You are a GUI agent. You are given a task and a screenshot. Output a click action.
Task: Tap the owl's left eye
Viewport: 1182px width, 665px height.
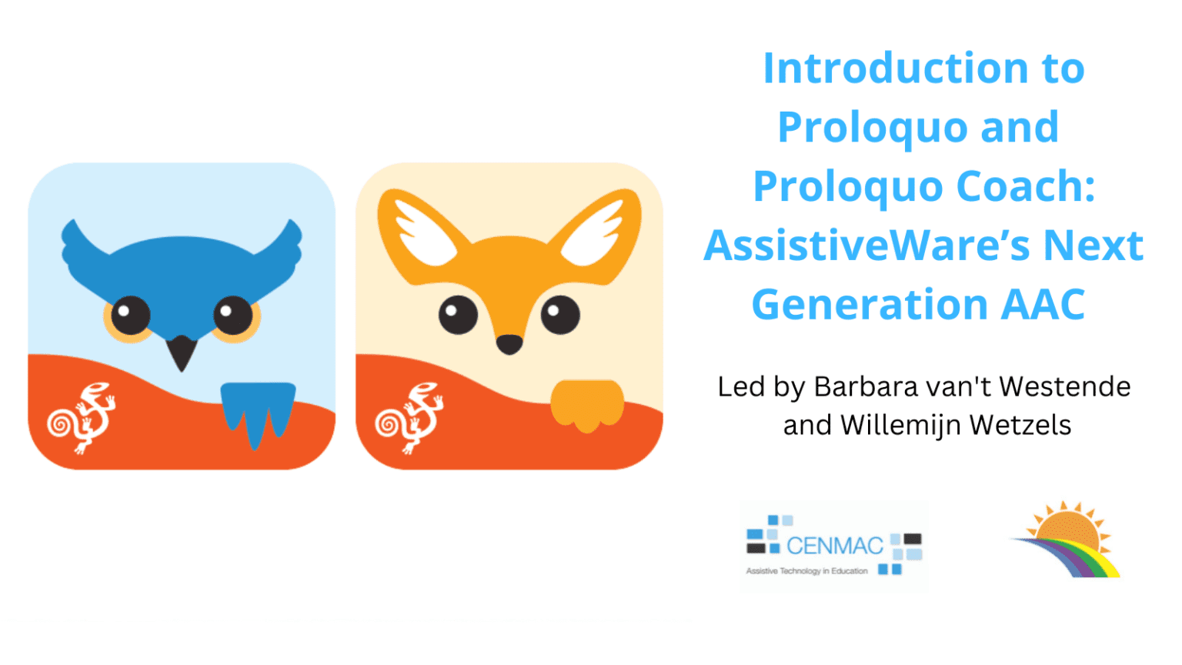pyautogui.click(x=130, y=316)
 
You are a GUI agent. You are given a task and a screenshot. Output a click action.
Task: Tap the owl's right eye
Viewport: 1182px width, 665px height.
pyautogui.click(x=233, y=316)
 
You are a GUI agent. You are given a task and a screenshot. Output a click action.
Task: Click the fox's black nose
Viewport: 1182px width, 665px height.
pyautogui.click(x=509, y=344)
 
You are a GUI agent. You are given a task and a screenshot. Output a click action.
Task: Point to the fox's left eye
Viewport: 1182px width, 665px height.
pyautogui.click(x=458, y=315)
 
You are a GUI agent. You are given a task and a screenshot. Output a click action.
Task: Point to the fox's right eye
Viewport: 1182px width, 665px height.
pyautogui.click(x=560, y=315)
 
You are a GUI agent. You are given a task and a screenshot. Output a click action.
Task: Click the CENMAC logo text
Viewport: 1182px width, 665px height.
pyautogui.click(x=834, y=546)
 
